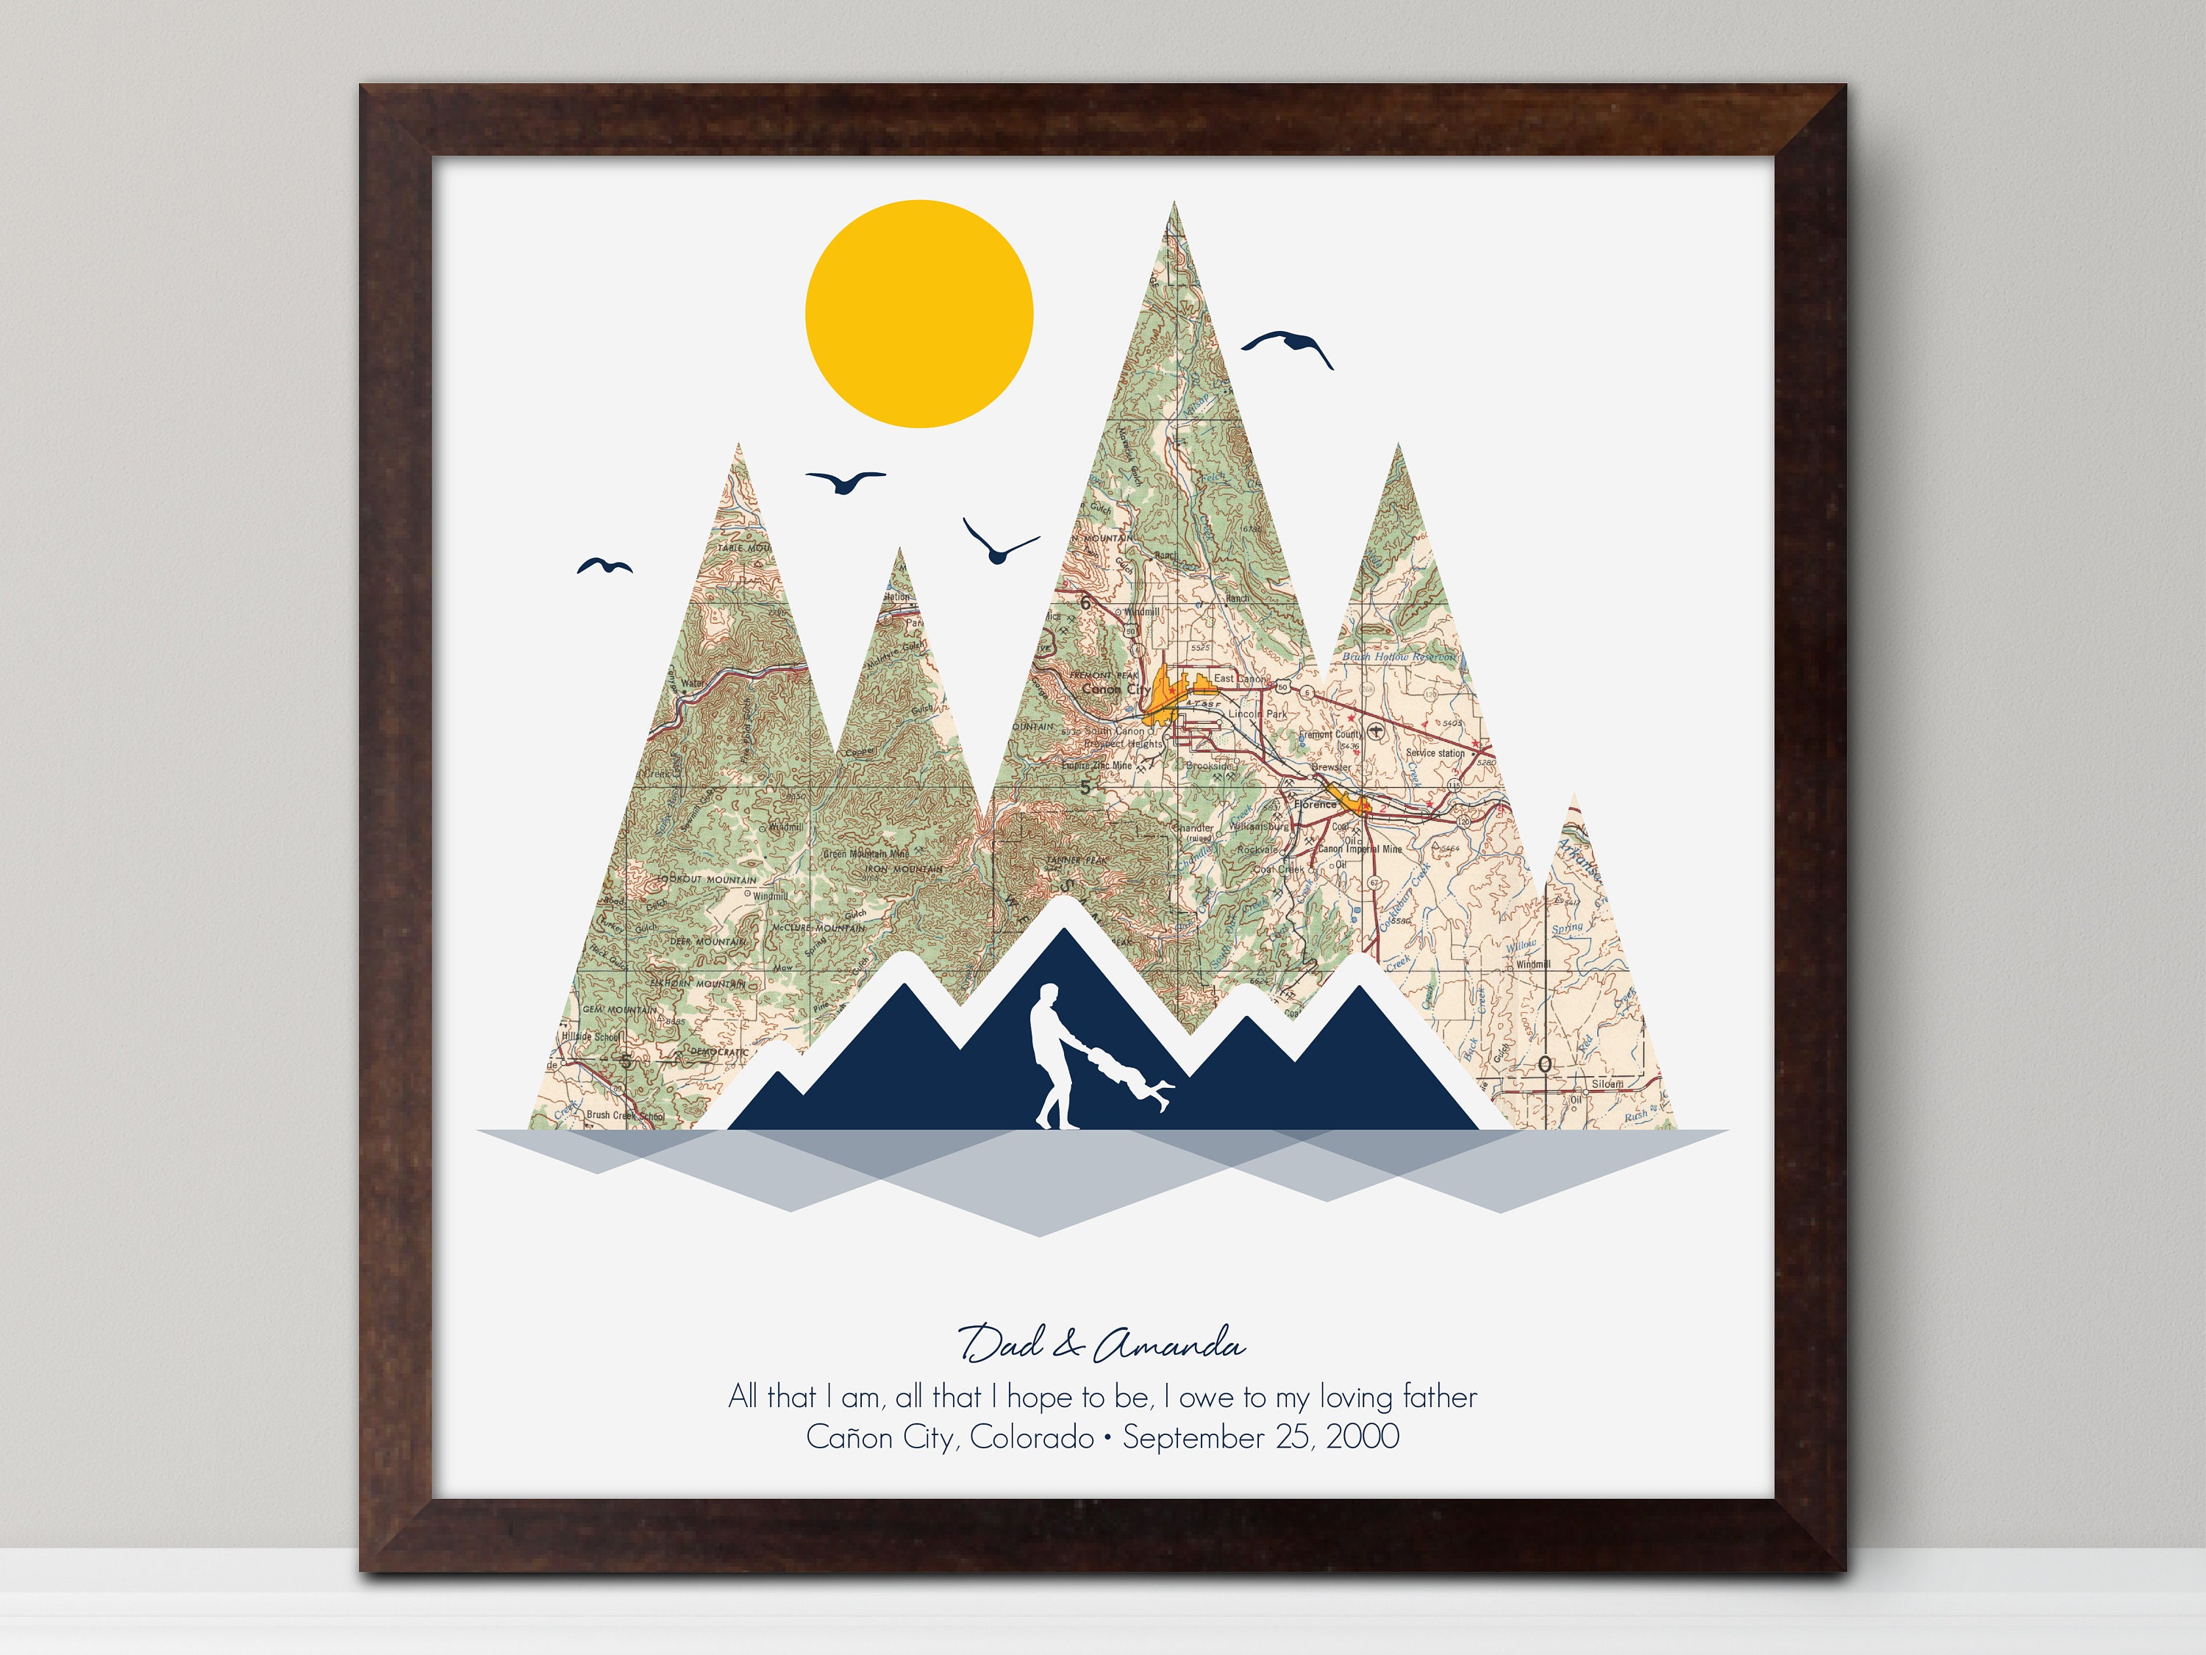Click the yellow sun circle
coord(918,314)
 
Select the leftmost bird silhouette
coord(604,566)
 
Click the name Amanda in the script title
coord(1169,1346)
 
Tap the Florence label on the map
coord(1315,804)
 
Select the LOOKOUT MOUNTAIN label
coord(706,880)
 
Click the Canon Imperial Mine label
coord(1360,849)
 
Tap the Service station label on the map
coord(1435,753)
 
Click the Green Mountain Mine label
coord(865,854)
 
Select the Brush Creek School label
coord(624,1114)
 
